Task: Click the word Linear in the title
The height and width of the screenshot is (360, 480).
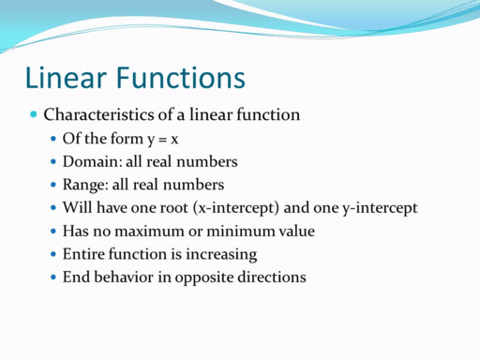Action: click(x=63, y=77)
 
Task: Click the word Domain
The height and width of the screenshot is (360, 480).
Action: click(x=91, y=161)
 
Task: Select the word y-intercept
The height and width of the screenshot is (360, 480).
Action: click(x=376, y=207)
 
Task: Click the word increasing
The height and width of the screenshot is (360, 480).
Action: click(x=222, y=254)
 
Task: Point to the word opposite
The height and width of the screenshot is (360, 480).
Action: click(x=210, y=277)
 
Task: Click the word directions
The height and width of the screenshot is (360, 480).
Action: click(x=274, y=277)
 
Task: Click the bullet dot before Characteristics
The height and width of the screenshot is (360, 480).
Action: click(x=34, y=114)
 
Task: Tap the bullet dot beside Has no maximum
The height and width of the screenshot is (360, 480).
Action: click(x=52, y=231)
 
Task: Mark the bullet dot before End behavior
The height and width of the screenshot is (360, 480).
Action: click(x=52, y=277)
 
